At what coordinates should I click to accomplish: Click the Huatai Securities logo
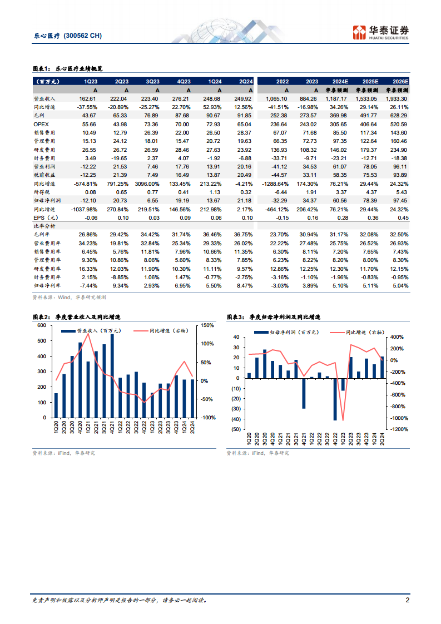(x=381, y=32)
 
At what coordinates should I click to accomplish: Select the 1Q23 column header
(x=91, y=81)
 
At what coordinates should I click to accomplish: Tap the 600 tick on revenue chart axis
(x=42, y=325)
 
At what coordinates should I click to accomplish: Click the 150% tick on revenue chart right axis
(x=208, y=325)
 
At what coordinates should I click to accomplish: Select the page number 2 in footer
(x=408, y=600)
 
